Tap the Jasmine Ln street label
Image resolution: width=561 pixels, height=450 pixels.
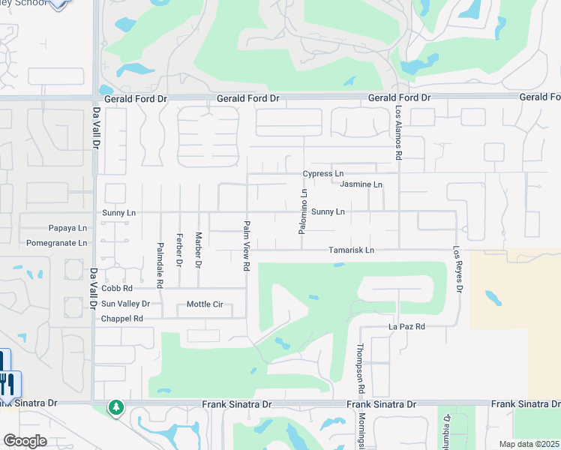click(361, 184)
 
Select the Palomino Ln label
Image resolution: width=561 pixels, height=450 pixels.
click(304, 211)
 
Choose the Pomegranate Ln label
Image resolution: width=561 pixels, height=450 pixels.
click(56, 243)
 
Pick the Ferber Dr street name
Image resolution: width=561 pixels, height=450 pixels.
click(179, 250)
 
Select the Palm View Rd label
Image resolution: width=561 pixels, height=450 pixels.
click(246, 245)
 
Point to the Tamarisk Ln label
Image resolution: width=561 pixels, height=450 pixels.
click(351, 250)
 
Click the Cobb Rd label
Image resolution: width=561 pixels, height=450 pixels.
click(117, 288)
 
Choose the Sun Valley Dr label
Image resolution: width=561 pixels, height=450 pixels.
click(126, 304)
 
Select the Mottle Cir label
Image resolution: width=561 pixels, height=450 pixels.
click(205, 304)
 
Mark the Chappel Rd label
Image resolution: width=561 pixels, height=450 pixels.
click(121, 319)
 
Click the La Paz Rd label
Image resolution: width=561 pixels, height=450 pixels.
click(406, 326)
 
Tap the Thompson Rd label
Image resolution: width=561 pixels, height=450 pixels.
click(361, 369)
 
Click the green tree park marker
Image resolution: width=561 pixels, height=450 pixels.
click(115, 407)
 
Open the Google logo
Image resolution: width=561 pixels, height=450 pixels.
click(25, 441)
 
